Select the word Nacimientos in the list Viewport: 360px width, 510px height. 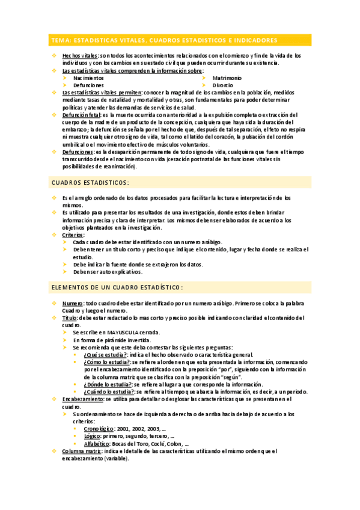pyautogui.click(x=88, y=78)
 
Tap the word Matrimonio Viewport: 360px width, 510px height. pyautogui.click(x=227, y=78)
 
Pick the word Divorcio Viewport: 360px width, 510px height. pyautogui.click(x=223, y=85)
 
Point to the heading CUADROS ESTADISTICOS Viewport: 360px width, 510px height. pyautogui.click(x=90, y=182)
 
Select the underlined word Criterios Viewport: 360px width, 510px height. pyautogui.click(x=74, y=235)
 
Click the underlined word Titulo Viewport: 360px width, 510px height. pyautogui.click(x=70, y=318)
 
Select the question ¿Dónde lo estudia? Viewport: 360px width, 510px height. pyautogui.click(x=107, y=384)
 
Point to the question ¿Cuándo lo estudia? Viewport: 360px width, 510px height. pyautogui.click(x=109, y=391)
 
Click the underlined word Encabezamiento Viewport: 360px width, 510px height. pyautogui.click(x=83, y=399)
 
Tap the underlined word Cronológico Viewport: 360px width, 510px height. pyautogui.click(x=100, y=428)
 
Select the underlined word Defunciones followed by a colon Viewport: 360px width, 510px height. pyautogui.click(x=78, y=152)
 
